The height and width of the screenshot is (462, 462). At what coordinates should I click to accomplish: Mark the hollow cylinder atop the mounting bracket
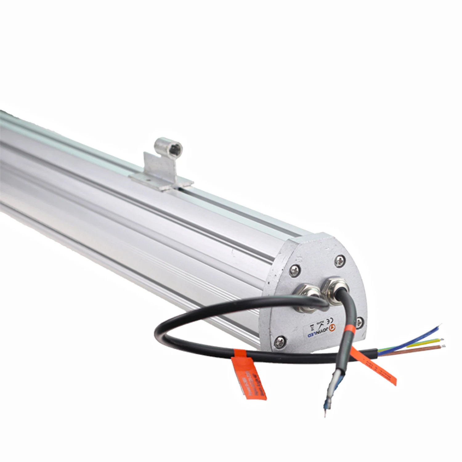[x=168, y=146]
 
